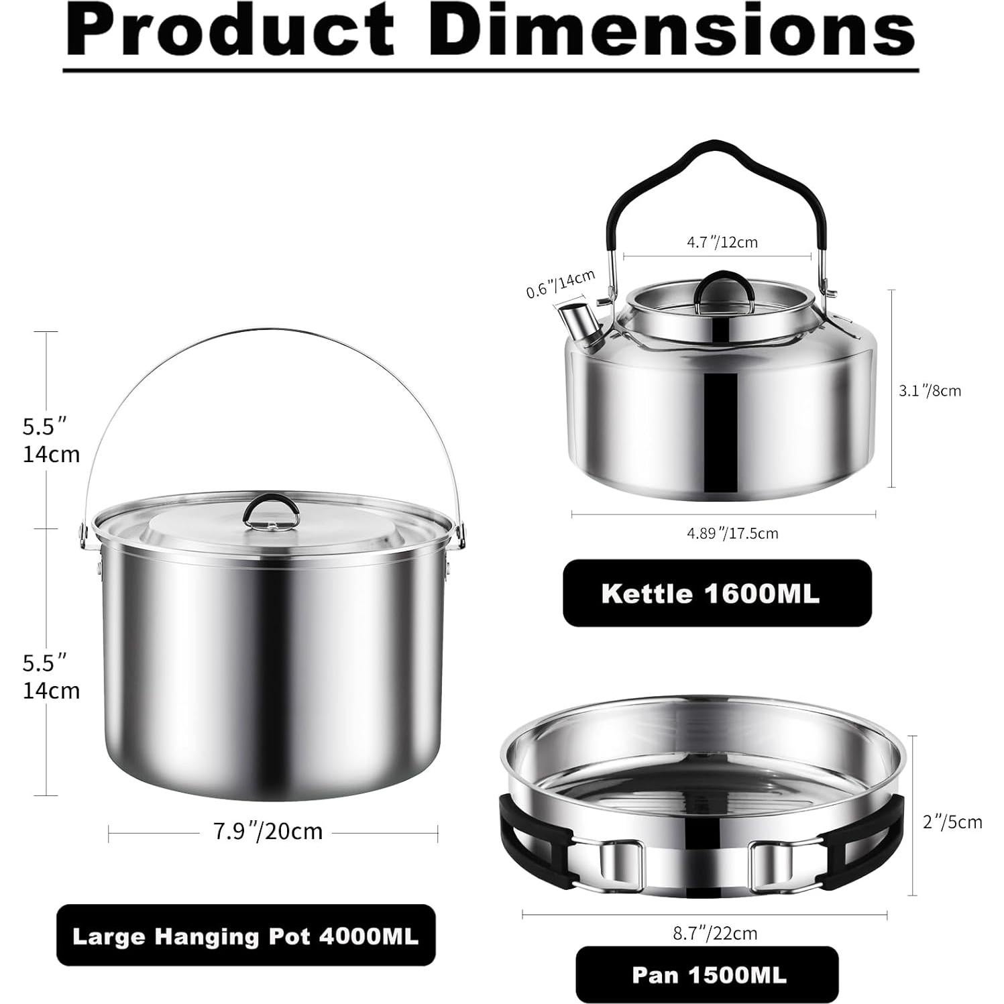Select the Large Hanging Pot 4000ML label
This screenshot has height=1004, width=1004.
[x=245, y=936]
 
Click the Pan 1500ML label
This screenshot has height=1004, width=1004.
[x=707, y=974]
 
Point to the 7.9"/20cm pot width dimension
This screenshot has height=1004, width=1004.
[x=268, y=832]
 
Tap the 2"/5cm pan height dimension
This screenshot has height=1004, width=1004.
[x=952, y=822]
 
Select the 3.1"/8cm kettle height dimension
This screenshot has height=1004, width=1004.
[x=930, y=390]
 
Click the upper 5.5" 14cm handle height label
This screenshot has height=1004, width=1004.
[x=51, y=440]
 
